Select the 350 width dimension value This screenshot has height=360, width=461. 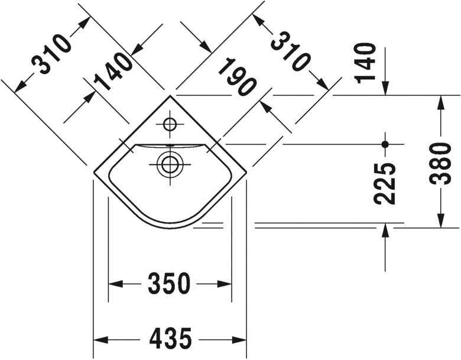(170, 284)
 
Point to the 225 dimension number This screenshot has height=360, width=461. (385, 184)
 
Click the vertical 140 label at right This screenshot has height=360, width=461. (366, 62)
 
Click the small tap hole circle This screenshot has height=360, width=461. (170, 125)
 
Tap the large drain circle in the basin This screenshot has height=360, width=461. (170, 164)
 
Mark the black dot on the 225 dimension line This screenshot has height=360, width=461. (385, 144)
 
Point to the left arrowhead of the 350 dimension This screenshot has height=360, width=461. (116, 284)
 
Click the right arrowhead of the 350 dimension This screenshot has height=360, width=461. (224, 284)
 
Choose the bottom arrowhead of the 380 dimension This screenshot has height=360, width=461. (440, 219)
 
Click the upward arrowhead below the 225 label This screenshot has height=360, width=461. (385, 232)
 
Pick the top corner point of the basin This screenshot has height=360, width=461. (170, 95)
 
